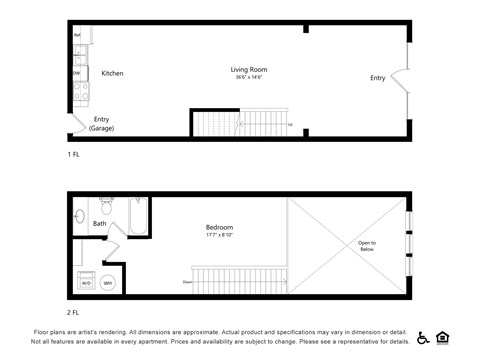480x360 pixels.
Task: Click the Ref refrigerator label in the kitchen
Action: coord(77,36)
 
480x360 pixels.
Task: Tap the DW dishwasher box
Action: coord(77,73)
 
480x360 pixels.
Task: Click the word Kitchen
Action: coord(112,73)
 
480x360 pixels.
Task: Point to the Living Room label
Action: coord(249,70)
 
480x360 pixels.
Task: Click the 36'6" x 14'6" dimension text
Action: coord(249,78)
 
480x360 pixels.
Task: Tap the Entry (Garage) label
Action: coord(102,124)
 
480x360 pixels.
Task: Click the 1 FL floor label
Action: coord(73,155)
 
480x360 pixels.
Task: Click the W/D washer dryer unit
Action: coord(85,282)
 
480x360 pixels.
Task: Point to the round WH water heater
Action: coord(108,282)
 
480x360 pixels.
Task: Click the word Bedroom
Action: coord(219,227)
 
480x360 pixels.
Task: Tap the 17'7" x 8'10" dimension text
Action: coord(219,235)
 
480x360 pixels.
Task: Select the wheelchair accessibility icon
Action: coord(422,337)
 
